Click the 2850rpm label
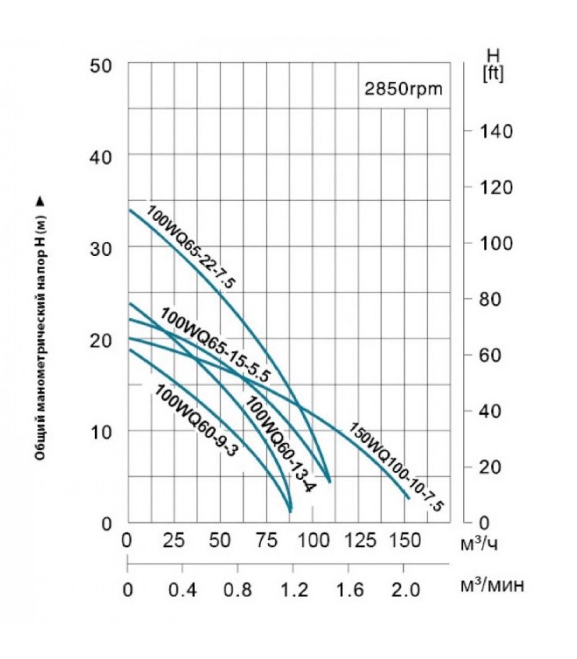[x=403, y=89]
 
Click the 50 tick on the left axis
[x=101, y=66]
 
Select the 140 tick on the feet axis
[x=496, y=131]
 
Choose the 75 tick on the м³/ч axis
[x=266, y=540]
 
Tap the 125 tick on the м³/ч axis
[x=360, y=540]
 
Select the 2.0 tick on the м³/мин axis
[x=404, y=590]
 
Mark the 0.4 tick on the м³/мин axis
[x=183, y=590]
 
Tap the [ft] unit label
[x=493, y=75]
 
